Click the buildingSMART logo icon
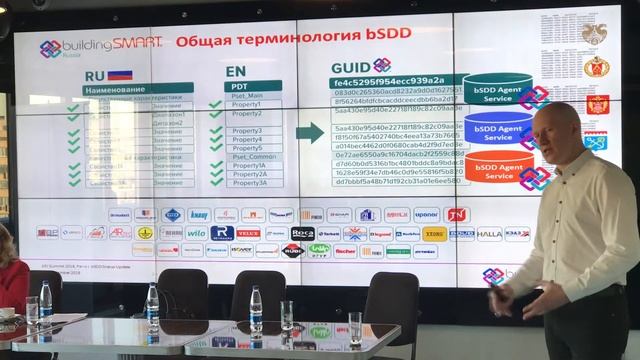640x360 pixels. (x=51, y=47)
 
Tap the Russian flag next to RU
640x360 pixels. (x=121, y=73)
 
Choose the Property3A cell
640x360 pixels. (x=249, y=182)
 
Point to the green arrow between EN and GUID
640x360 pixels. (x=311, y=131)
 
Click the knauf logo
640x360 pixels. (x=198, y=214)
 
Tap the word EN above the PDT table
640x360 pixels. (x=237, y=73)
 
